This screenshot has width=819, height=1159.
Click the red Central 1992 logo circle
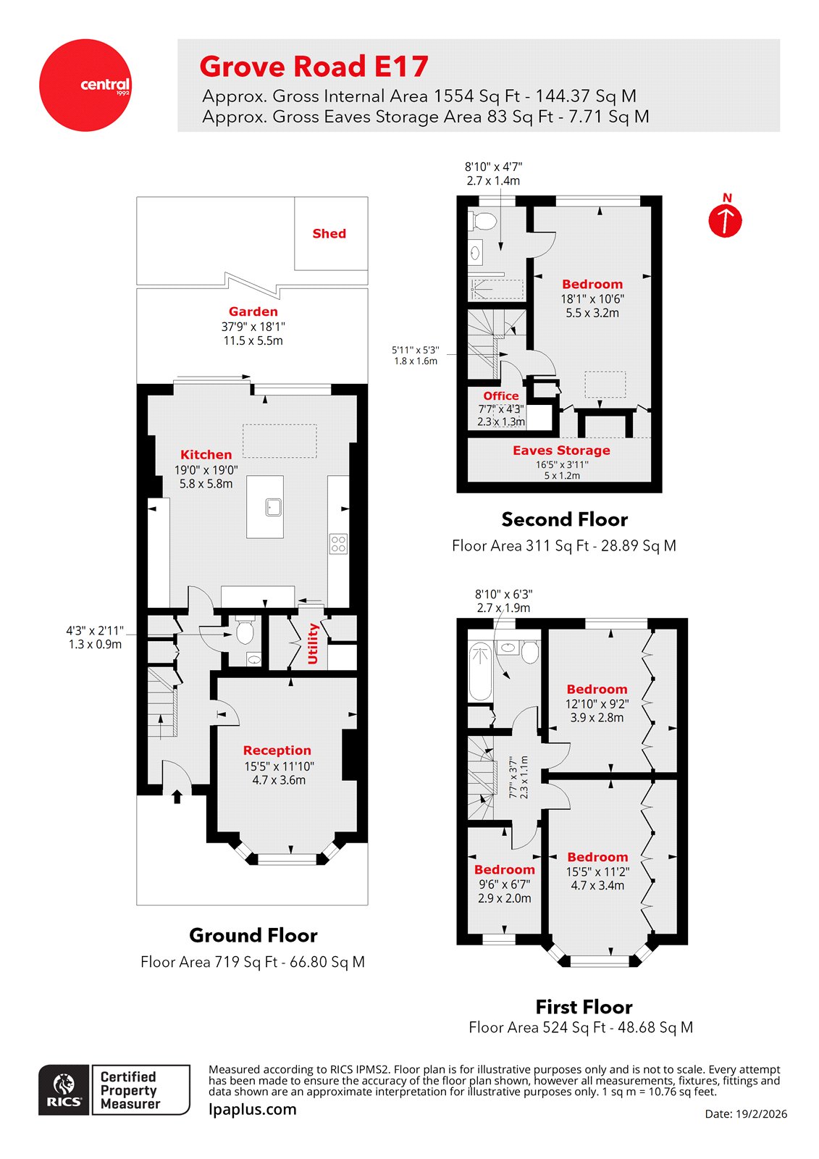[85, 85]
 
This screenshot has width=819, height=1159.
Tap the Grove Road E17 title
[314, 67]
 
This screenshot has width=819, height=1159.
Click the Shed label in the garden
[329, 233]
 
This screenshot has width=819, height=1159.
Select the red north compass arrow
[725, 220]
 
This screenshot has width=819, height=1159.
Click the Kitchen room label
[206, 455]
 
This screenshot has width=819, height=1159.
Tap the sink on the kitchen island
[273, 506]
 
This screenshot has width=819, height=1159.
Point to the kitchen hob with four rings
[338, 543]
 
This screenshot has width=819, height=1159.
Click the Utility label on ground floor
[313, 643]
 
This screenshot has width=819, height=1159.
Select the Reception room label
[277, 750]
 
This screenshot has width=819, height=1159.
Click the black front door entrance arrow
[177, 796]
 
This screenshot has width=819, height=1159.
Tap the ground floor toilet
[244, 632]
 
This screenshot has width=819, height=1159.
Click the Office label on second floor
[500, 396]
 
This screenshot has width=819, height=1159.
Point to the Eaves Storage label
[561, 450]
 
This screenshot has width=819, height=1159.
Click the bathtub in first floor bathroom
[479, 672]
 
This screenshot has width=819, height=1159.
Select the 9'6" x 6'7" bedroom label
[504, 870]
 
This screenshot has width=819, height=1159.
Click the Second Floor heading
[564, 519]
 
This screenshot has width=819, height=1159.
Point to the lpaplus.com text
[252, 1109]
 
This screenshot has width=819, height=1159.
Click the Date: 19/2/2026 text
[745, 1114]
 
